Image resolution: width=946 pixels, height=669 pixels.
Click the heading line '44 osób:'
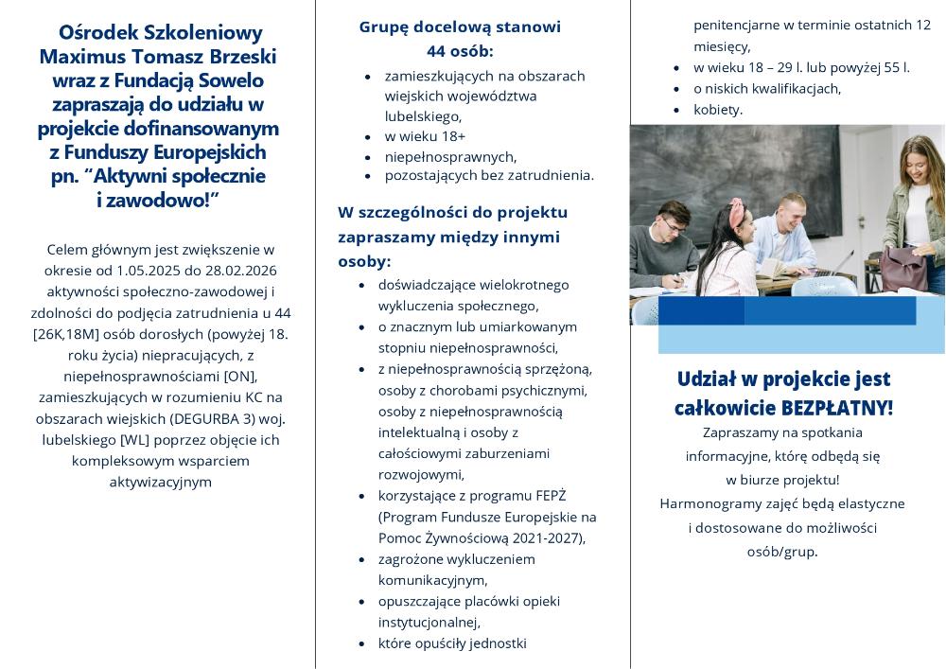click(460, 50)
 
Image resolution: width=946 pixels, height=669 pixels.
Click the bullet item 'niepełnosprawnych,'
click(450, 156)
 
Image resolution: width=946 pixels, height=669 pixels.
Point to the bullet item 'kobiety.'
click(718, 109)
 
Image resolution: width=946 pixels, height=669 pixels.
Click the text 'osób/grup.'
click(782, 551)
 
